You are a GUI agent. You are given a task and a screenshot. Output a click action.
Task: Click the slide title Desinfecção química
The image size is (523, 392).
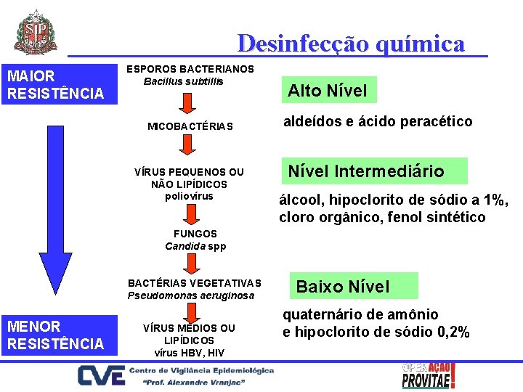(350, 44)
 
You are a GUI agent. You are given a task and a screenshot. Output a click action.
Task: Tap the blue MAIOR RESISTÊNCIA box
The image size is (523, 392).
(59, 85)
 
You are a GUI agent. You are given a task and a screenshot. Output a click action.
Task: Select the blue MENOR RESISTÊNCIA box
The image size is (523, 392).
(59, 335)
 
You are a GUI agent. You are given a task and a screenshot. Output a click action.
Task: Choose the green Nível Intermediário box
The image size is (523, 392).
(366, 171)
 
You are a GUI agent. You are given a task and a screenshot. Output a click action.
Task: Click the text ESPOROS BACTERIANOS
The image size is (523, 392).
(190, 69)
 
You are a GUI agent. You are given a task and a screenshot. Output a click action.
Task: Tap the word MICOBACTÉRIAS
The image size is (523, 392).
(190, 126)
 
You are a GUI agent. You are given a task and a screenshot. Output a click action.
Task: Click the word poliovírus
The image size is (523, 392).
(190, 196)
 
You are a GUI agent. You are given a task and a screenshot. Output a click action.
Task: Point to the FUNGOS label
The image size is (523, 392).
(195, 234)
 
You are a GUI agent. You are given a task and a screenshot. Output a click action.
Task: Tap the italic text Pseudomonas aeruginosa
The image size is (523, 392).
(191, 295)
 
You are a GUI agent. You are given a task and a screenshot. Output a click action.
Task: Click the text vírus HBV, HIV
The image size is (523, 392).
(190, 353)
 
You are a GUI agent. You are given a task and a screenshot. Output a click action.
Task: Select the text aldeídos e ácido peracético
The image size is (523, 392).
(378, 121)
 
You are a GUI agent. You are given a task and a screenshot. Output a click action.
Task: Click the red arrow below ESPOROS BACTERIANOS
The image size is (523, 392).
(187, 101)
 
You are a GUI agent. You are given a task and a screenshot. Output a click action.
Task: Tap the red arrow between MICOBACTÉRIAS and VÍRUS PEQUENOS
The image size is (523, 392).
(187, 148)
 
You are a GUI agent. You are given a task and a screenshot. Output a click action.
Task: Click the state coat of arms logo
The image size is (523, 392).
(35, 32)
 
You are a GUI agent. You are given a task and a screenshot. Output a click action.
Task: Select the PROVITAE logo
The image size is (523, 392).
(429, 375)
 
